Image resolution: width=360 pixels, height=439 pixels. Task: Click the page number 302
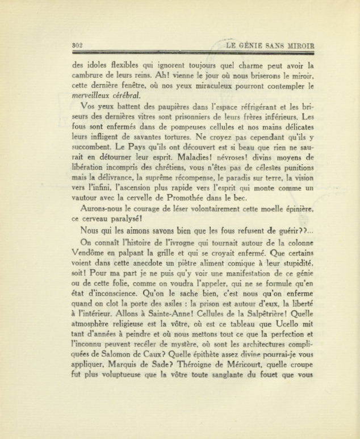tap(79, 46)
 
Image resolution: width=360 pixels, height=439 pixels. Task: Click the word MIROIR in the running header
tap(298, 46)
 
